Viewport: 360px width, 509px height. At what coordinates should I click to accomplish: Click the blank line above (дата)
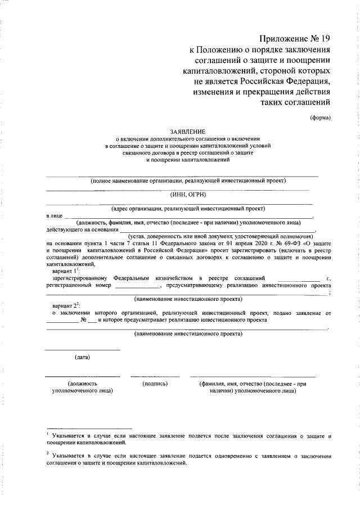82,350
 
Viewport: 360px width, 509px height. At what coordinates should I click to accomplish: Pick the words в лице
55,215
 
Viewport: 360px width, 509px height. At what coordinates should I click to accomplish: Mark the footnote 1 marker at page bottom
48,434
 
